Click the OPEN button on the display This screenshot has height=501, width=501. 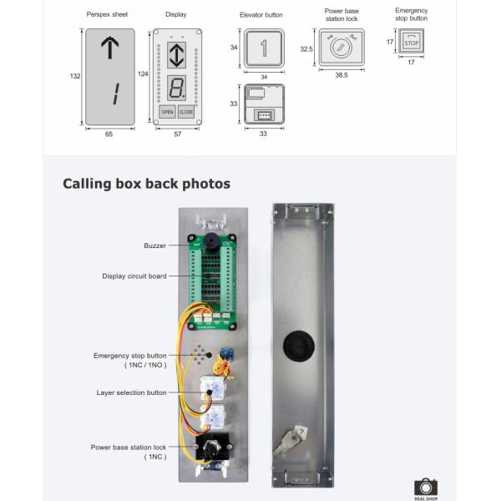tap(167, 111)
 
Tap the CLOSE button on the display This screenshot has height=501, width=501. tap(185, 111)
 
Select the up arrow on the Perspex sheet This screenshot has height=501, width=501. tap(109, 49)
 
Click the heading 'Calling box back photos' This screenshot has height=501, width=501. tap(147, 184)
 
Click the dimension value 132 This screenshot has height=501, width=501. tap(74, 76)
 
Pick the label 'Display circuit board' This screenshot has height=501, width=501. tap(134, 276)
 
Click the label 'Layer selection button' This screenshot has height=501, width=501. tap(132, 392)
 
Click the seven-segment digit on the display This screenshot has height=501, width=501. tap(176, 87)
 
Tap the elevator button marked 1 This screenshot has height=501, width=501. tap(264, 48)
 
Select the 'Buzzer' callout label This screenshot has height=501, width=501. tap(154, 245)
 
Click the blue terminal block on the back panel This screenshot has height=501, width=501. tap(226, 353)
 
